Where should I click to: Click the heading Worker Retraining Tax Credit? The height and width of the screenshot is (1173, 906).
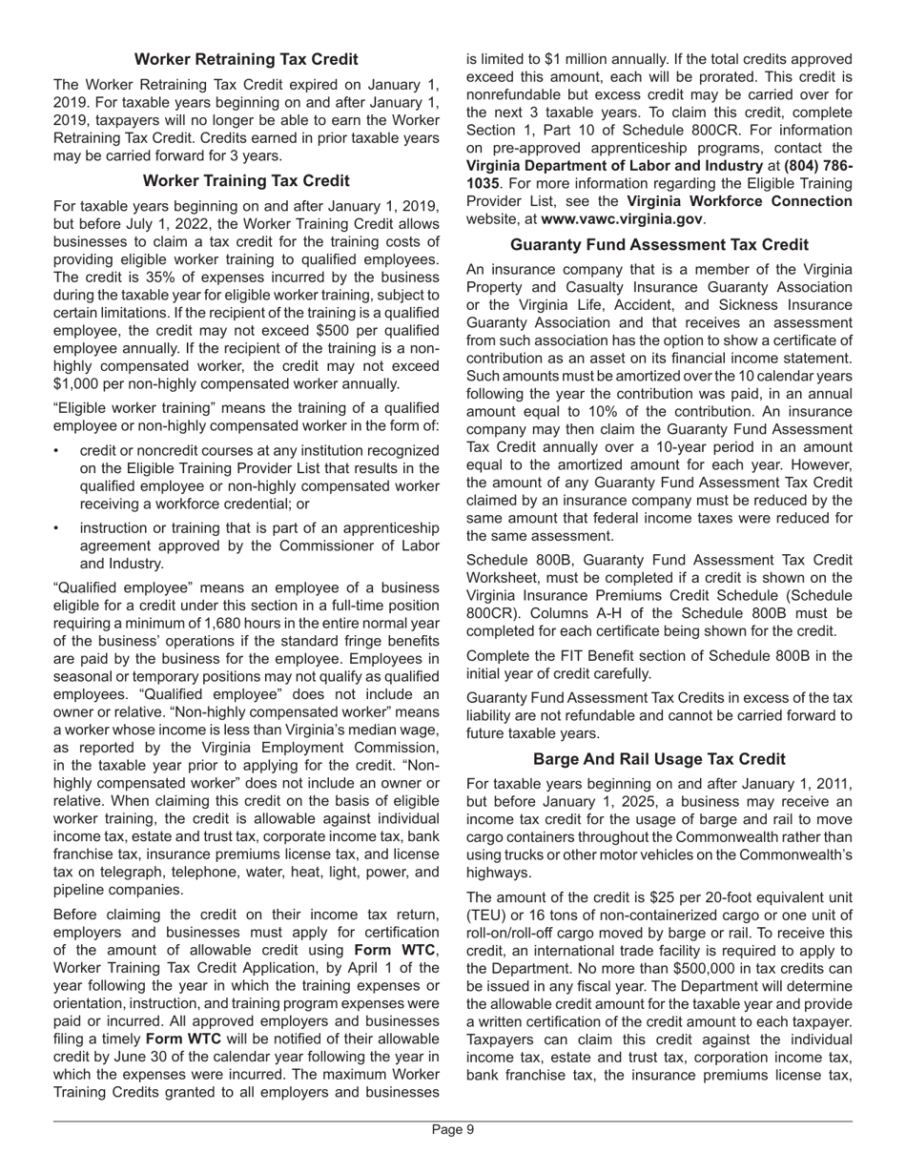point(246,59)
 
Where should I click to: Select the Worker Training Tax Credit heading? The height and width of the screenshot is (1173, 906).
point(246,180)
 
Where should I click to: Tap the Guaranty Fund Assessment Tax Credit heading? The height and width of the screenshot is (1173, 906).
point(659,244)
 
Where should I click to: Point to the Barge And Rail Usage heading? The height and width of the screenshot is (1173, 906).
point(659,758)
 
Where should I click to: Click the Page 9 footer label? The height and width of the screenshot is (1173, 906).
point(453,1130)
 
